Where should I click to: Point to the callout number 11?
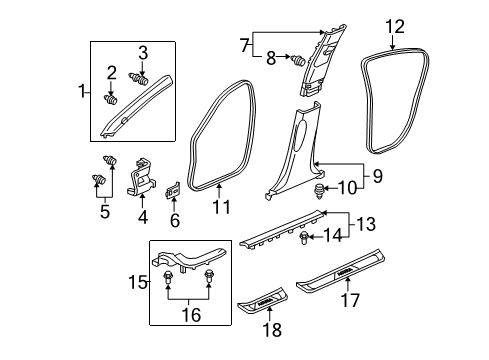(x=220, y=207)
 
